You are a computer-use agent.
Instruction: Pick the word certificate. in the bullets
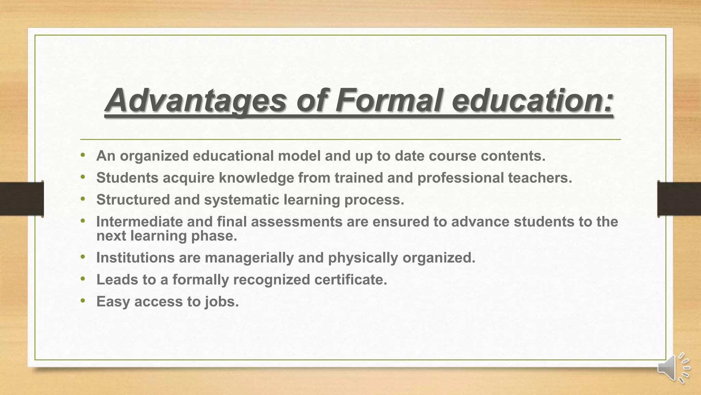[350, 280]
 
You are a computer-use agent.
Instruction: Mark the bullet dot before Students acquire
[82, 177]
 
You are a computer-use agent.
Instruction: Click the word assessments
[296, 222]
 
